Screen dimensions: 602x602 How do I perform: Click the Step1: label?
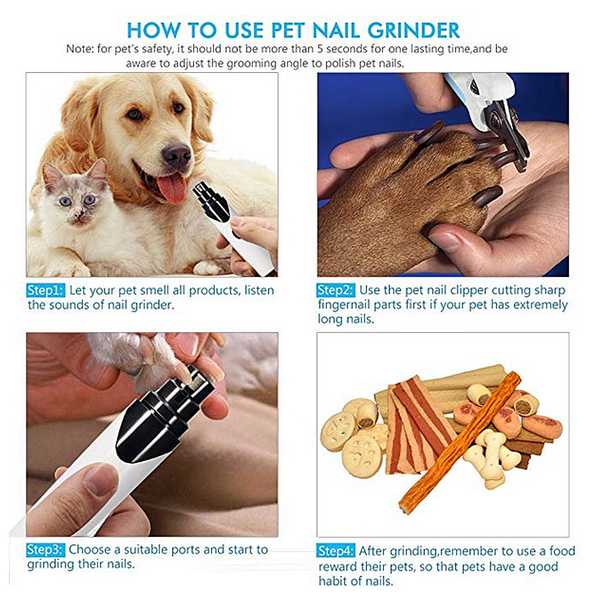[x=45, y=291]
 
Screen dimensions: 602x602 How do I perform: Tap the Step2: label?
[x=336, y=291]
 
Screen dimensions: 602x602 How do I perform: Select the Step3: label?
[x=45, y=550]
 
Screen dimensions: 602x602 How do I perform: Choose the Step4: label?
[x=336, y=551]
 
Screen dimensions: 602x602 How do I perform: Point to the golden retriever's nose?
[x=176, y=156]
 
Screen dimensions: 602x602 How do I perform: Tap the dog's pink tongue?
[x=173, y=187]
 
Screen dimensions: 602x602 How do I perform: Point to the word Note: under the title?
[x=79, y=49]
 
